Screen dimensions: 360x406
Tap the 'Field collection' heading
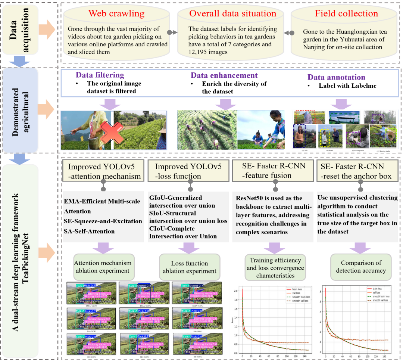point(346,14)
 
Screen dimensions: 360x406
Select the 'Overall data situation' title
point(232,14)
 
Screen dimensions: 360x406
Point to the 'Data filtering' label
point(100,75)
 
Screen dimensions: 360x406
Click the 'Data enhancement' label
point(224,75)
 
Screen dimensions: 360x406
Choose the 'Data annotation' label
point(336,77)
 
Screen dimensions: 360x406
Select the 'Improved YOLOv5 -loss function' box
point(189,171)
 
